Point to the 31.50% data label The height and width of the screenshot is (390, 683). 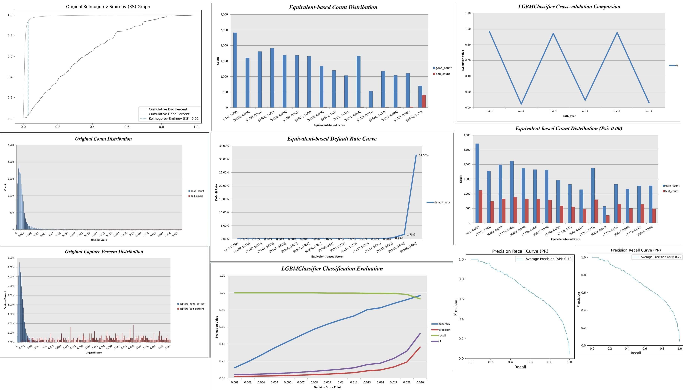click(x=423, y=155)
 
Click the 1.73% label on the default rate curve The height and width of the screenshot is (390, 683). click(x=411, y=235)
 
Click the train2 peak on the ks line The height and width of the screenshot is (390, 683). click(x=553, y=34)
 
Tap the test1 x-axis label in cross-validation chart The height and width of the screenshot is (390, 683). click(x=521, y=111)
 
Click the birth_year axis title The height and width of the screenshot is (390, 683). click(x=569, y=116)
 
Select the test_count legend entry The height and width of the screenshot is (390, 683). click(x=672, y=191)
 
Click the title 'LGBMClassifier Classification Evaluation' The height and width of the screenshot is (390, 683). click(x=332, y=269)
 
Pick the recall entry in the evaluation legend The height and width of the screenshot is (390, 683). click(x=442, y=335)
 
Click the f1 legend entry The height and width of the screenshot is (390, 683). click(x=440, y=341)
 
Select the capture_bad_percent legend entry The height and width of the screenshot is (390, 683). click(x=192, y=309)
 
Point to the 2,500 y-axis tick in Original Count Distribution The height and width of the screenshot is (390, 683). click(x=11, y=145)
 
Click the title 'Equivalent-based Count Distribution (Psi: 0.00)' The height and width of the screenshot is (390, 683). click(x=569, y=129)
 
